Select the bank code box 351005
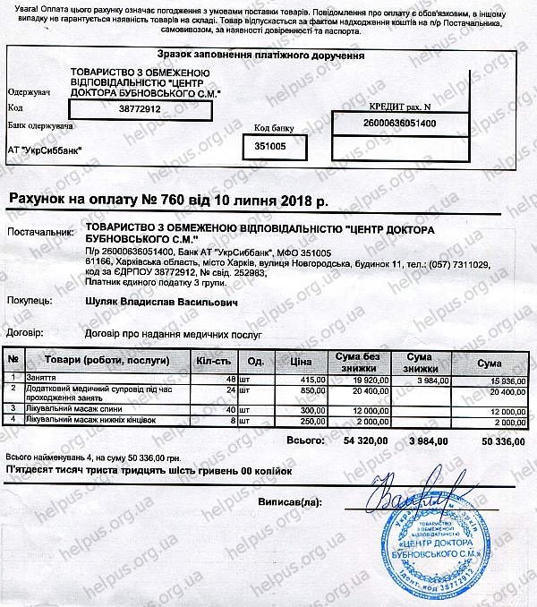tap(269, 144)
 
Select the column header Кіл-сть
tap(213, 363)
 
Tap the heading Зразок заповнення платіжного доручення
tap(261, 56)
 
